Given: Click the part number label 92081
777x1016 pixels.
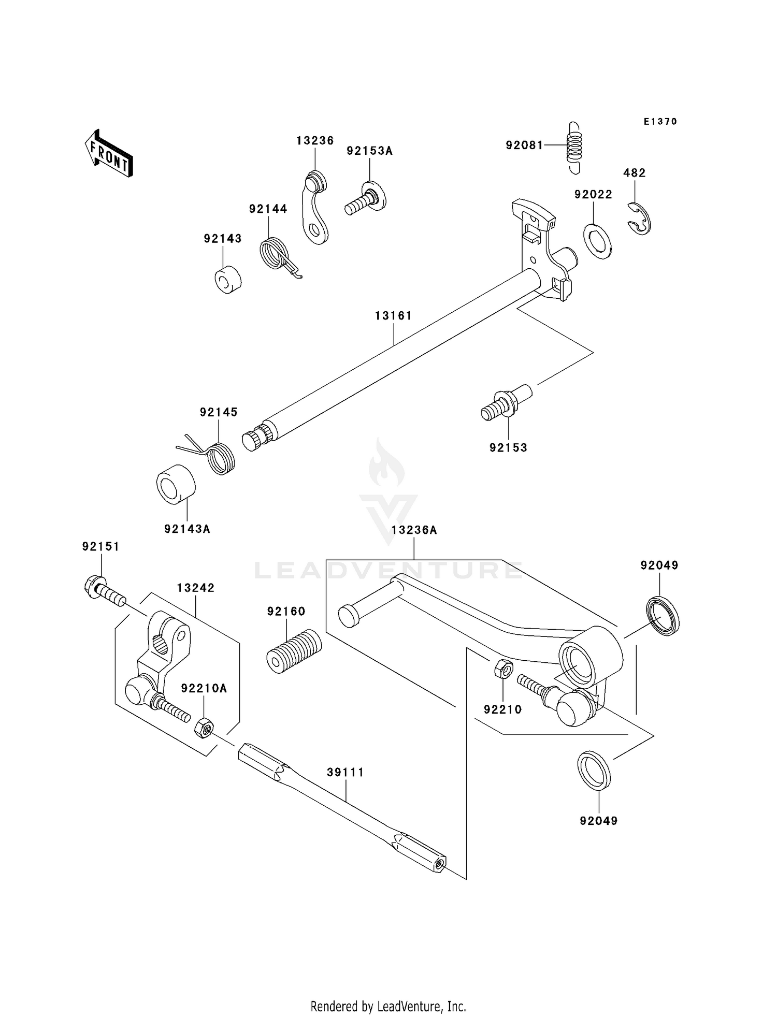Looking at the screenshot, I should pos(524,146).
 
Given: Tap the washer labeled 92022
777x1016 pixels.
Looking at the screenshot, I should pos(597,241).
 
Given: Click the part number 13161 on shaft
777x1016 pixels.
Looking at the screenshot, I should pos(393,316).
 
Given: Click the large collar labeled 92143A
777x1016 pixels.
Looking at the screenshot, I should pos(176,484).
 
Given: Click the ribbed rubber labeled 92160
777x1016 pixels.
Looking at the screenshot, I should pos(294,651).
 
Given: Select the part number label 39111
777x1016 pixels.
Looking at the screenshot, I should pos(345,773).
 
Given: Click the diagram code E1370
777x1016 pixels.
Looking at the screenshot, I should pos(660,122).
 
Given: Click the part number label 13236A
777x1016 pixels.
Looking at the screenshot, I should pos(414,530).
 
